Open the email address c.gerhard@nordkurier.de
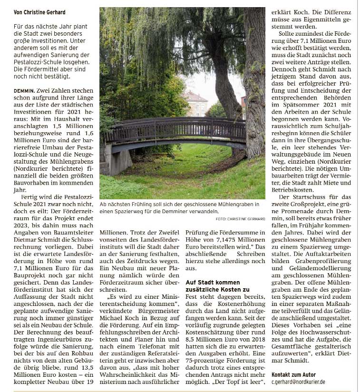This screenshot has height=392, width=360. pos(298,382)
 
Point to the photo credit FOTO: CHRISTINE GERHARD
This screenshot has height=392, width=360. pos(240,218)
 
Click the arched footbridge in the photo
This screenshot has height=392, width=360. pos(176,131)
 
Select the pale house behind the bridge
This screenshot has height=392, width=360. pos(195,102)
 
